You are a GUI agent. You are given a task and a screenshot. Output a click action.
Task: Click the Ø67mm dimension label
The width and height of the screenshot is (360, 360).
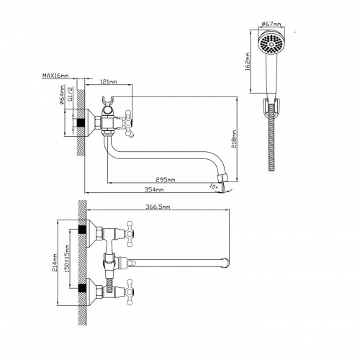(271, 24)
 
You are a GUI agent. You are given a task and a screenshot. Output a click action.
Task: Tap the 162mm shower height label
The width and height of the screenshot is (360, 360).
(248, 61)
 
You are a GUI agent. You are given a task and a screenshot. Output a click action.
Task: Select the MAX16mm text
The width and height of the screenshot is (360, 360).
(55, 76)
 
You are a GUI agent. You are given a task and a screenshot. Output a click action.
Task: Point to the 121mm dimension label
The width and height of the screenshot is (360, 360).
(108, 82)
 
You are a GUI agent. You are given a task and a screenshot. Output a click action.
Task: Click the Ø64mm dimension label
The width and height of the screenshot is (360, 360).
(62, 94)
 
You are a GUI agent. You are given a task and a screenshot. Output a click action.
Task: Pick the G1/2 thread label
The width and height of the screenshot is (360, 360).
(71, 94)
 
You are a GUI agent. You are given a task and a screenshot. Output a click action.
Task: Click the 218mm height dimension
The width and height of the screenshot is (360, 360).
(234, 139)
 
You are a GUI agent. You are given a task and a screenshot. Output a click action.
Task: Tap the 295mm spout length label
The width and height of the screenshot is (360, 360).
(166, 179)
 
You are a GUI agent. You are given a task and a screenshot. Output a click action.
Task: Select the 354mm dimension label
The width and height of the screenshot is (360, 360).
(154, 189)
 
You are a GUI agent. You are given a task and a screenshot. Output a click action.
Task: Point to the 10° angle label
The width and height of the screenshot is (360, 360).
(213, 186)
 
